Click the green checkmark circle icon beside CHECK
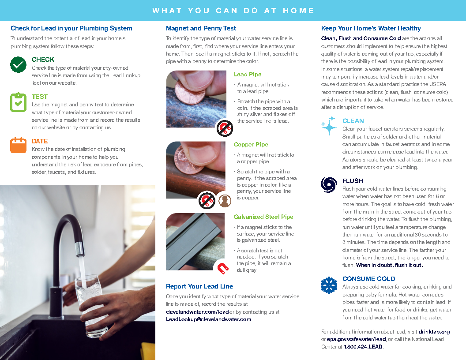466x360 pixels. [18, 65]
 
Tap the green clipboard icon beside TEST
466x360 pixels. [18, 102]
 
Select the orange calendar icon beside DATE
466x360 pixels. [18, 145]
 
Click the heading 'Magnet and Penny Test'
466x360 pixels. [201, 28]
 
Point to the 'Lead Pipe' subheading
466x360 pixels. [248, 74]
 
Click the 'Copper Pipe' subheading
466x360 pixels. [251, 144]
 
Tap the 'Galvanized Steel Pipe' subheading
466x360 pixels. [263, 217]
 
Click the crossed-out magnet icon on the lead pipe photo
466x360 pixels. [225, 128]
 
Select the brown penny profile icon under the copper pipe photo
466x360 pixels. [225, 201]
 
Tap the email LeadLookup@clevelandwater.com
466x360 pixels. [208, 319]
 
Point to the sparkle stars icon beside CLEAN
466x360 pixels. [329, 125]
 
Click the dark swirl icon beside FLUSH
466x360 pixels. [329, 184]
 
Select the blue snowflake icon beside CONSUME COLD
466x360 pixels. [329, 285]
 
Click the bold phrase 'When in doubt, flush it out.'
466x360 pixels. [389, 265]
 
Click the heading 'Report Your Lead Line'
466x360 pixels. [199, 286]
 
